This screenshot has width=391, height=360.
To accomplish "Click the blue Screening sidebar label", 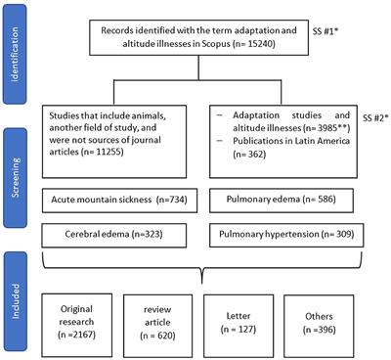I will point(18,175).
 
